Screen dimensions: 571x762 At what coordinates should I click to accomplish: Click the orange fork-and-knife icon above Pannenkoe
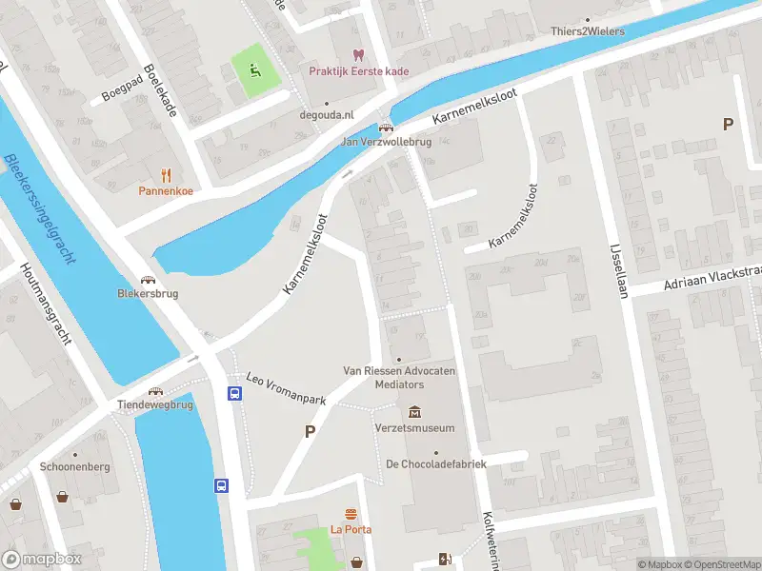point(166,174)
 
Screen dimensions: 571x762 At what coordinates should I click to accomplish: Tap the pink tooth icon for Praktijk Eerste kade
point(358,55)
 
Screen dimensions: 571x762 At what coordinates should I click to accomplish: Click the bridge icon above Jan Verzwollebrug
point(386,128)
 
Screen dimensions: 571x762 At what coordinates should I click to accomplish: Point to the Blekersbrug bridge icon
point(148,279)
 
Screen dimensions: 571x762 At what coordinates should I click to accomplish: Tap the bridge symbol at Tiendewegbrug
point(154,390)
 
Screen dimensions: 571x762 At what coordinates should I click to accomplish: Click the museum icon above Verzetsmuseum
point(414,412)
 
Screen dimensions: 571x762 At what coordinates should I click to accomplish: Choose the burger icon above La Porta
point(351,514)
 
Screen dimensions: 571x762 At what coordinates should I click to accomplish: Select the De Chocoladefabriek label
point(435,464)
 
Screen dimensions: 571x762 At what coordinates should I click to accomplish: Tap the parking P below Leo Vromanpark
point(309,432)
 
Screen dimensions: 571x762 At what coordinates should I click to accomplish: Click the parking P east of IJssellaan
point(729,124)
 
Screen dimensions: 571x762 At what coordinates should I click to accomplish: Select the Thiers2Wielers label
point(588,31)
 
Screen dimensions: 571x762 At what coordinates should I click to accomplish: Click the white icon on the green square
point(252,69)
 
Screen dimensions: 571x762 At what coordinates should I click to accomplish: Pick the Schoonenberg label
point(75,467)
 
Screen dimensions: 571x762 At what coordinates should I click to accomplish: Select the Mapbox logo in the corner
point(42,560)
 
